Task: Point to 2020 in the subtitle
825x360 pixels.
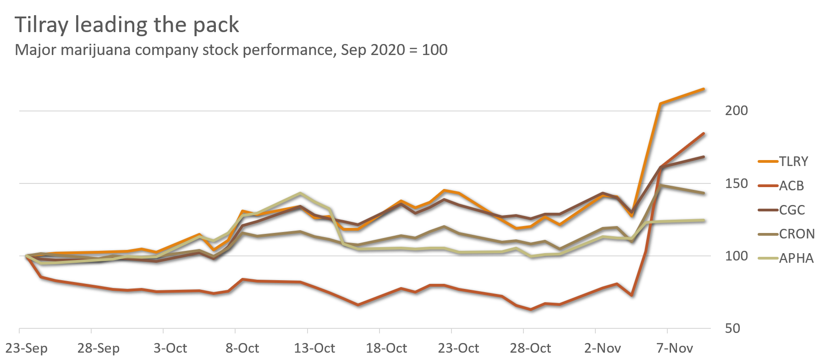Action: tap(387, 50)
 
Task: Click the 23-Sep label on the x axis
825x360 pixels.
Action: tap(26, 348)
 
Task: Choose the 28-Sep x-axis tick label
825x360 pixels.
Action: tap(98, 348)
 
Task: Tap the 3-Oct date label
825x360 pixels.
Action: tap(170, 348)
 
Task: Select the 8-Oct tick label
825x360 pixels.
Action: tap(242, 348)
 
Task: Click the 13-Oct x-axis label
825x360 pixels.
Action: tap(314, 348)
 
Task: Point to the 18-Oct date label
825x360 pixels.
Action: tap(386, 348)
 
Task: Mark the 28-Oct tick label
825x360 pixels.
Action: tap(530, 348)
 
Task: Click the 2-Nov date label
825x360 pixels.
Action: tap(602, 348)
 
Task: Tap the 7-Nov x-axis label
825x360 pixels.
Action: tap(674, 348)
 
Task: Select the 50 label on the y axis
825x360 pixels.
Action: tap(732, 328)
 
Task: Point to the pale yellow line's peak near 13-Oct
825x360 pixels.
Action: tap(300, 193)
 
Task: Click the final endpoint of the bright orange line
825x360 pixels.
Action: tap(704, 89)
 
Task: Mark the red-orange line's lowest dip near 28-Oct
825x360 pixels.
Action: tap(530, 310)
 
